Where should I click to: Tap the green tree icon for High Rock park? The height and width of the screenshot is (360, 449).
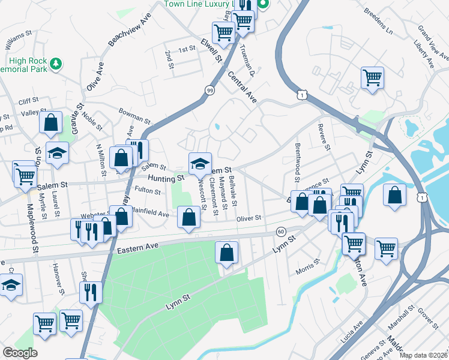click(56, 62)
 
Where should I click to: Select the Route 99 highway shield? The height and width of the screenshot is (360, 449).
click(209, 90)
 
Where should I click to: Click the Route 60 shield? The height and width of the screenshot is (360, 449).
click(281, 232)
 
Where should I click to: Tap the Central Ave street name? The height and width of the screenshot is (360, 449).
click(243, 86)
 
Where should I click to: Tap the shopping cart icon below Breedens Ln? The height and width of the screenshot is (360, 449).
click(372, 77)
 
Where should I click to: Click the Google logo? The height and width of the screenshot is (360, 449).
click(20, 353)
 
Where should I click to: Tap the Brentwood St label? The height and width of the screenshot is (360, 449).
click(297, 163)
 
